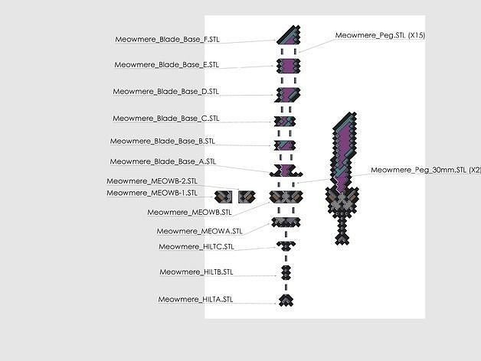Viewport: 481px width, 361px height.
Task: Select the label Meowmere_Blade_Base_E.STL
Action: coord(168,65)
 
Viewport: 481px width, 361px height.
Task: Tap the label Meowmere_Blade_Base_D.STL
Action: coord(165,92)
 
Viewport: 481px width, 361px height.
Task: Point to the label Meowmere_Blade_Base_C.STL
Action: coord(165,119)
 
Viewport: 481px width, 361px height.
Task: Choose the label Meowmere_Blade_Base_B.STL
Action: coord(162,141)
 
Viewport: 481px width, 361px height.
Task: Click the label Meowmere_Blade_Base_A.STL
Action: coord(162,162)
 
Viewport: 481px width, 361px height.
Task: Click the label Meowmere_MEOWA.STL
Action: coord(199,231)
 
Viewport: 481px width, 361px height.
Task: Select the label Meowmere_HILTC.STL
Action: coord(196,247)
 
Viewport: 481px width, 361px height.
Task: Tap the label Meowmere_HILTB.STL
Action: coord(196,272)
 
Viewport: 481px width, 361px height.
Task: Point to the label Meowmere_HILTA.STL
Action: coord(195,299)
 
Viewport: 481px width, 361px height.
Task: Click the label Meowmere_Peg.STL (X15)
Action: coord(375,36)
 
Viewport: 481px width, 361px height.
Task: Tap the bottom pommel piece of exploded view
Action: coord(285,299)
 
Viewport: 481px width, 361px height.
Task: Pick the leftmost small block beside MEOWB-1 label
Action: coord(223,197)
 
